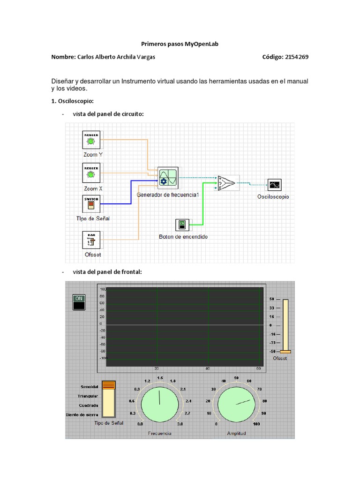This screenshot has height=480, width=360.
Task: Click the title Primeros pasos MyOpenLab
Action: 180,44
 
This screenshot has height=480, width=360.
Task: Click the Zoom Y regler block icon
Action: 91,140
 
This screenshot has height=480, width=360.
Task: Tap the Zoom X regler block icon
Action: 91,173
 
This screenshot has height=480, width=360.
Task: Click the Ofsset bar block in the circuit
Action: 91,240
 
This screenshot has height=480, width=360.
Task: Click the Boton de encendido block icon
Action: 182,225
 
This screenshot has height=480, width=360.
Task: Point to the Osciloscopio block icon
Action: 274,186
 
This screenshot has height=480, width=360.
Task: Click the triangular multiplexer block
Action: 228,182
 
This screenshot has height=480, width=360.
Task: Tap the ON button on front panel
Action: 78,302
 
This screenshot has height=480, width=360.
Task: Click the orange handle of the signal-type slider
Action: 109,385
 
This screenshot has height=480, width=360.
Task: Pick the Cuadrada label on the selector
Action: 89,405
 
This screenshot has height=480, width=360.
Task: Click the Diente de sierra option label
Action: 82,415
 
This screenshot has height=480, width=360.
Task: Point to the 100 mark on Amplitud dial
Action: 256,424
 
